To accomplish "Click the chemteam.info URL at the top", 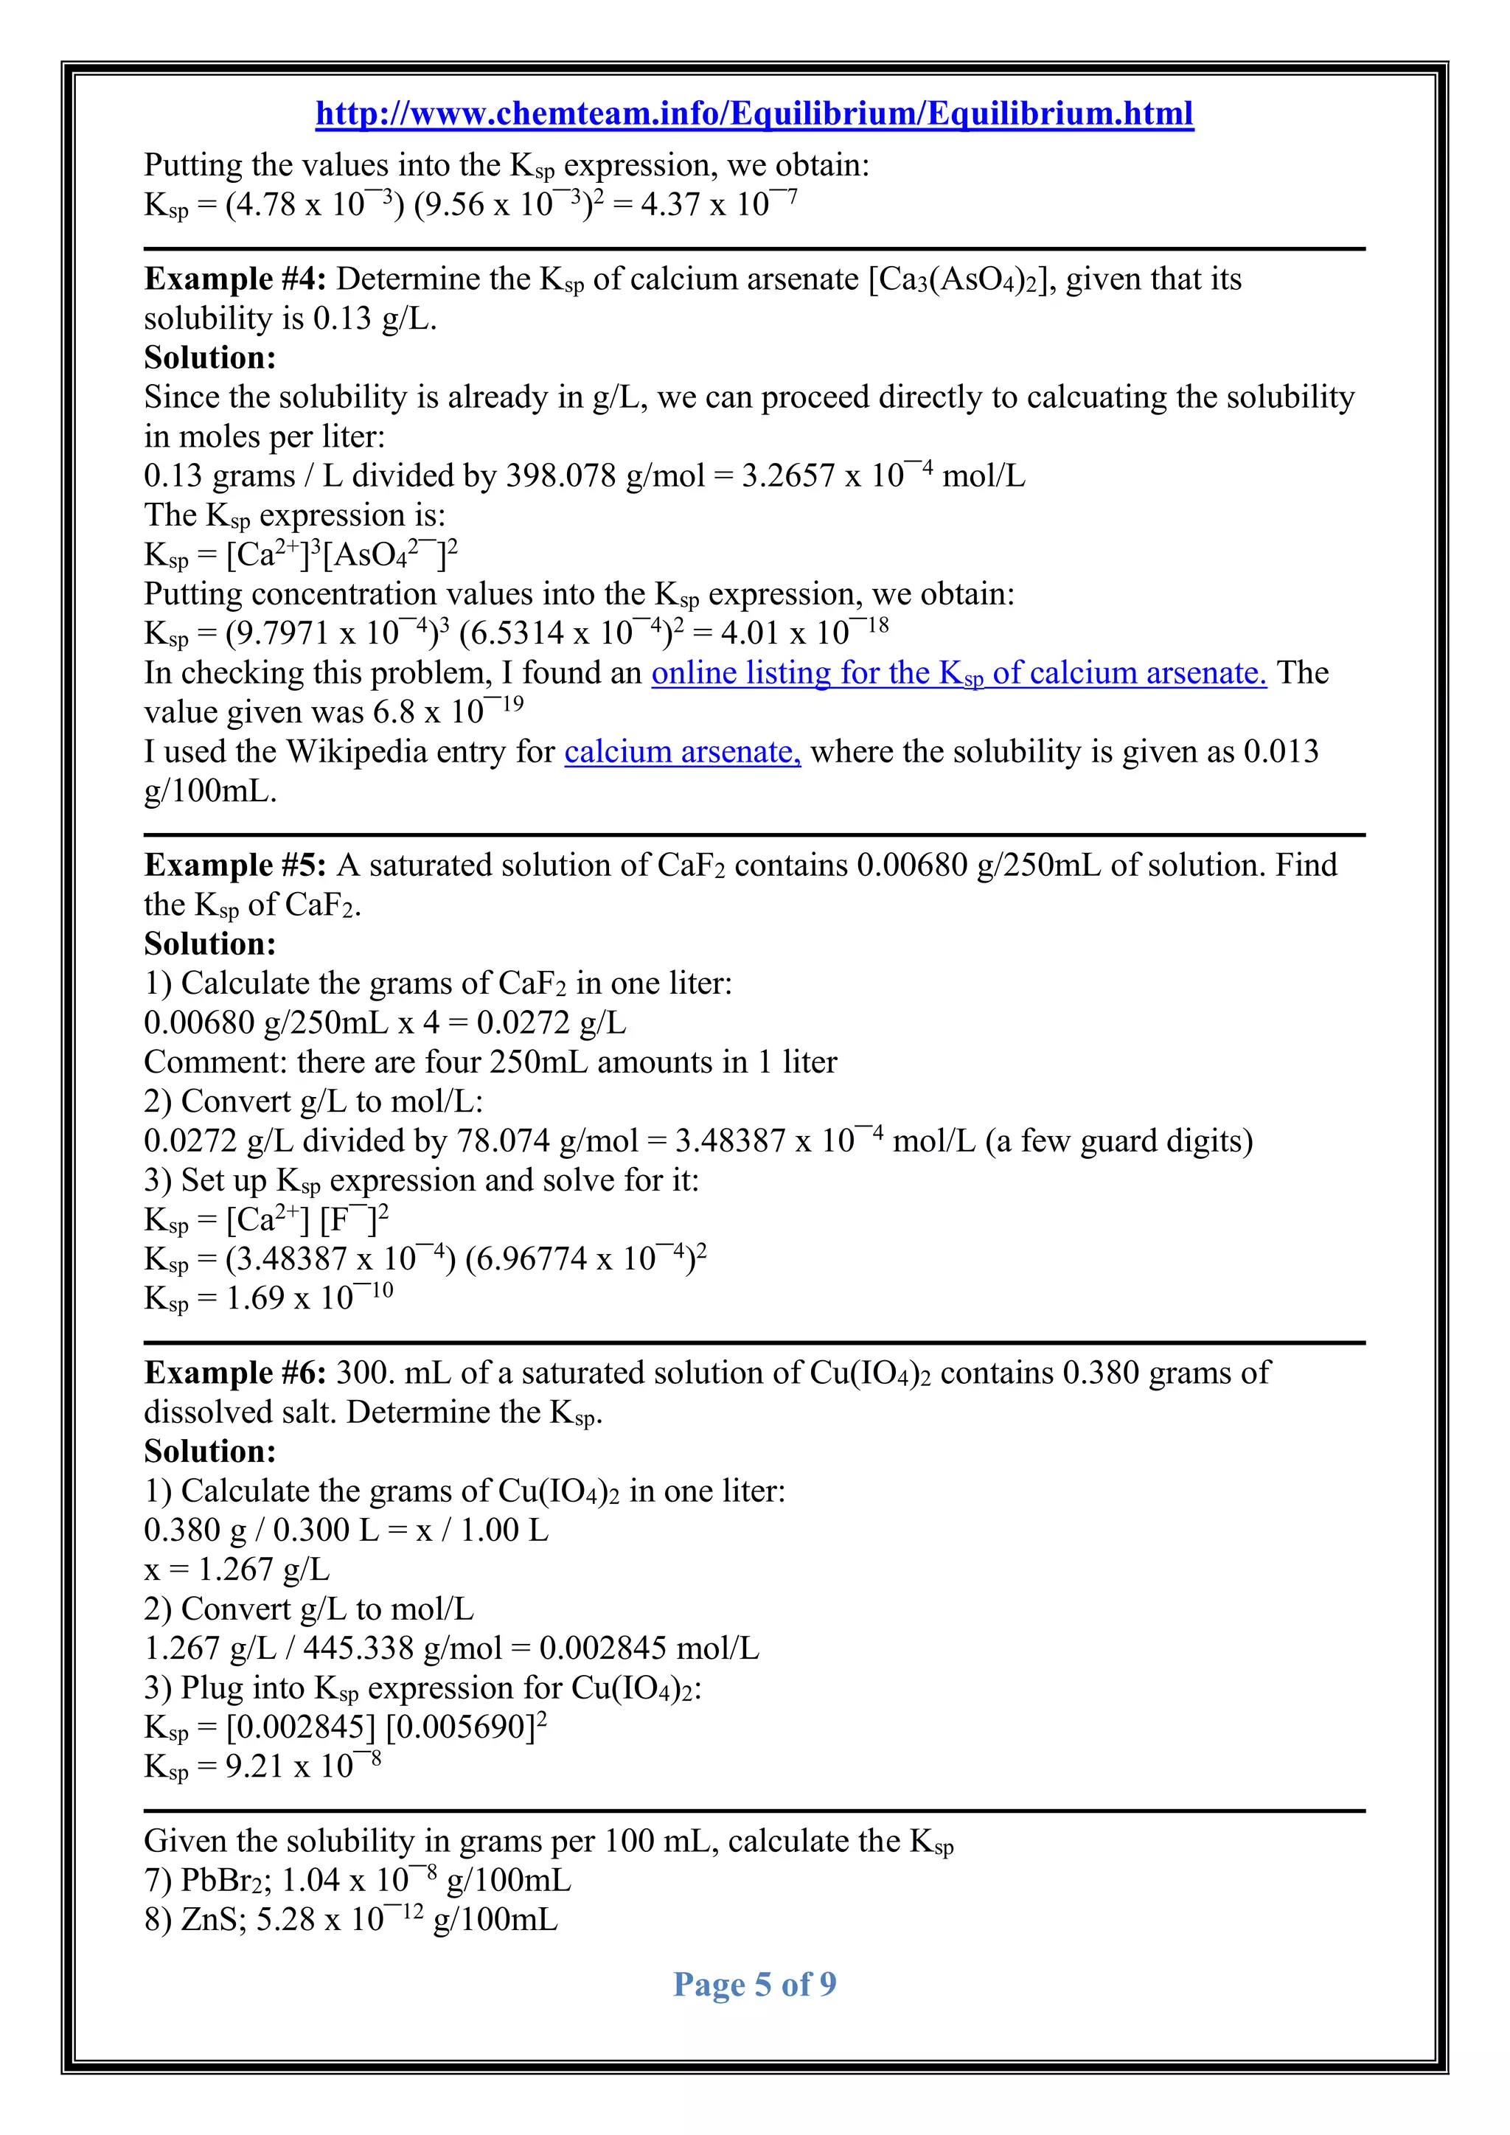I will coord(754,114).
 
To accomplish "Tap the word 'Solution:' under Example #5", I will coord(210,944).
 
